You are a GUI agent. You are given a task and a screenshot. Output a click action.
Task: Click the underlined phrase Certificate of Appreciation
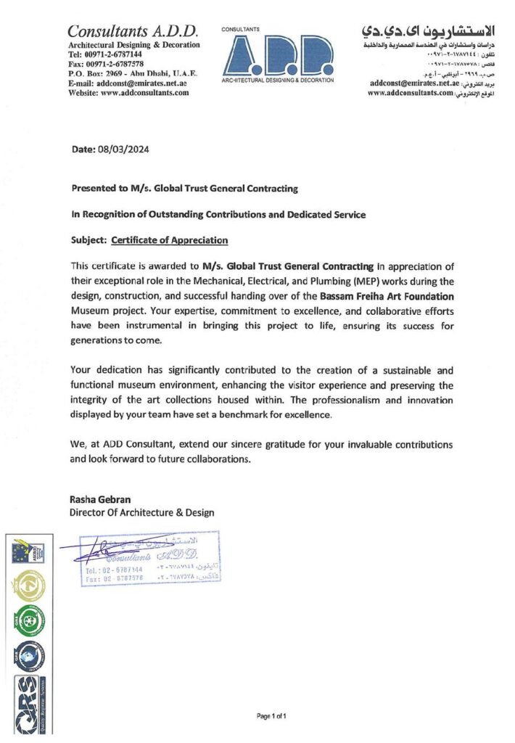169,240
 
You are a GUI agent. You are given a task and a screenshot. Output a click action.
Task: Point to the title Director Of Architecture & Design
141,513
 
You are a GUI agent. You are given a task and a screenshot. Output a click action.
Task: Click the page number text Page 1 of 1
272,717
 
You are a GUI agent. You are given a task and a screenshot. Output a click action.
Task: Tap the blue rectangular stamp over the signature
145,558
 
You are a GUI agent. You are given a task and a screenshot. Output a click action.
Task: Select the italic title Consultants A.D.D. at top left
133,31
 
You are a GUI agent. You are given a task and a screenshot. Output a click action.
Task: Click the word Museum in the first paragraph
92,311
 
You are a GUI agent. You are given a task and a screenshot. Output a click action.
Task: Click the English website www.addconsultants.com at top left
128,93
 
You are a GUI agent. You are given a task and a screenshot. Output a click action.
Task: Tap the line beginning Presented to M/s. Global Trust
184,189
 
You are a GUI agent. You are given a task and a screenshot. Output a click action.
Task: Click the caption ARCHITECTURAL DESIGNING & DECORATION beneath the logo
279,81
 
